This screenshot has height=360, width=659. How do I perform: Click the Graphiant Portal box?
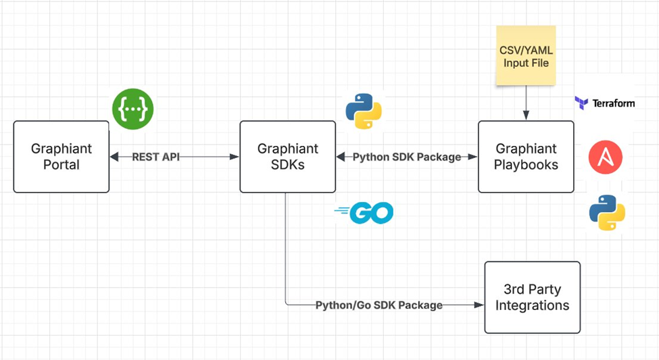(62, 157)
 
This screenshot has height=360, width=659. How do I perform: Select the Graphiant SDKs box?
(288, 157)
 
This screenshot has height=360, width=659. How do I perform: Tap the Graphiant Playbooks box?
(527, 157)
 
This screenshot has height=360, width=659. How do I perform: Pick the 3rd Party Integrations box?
(533, 297)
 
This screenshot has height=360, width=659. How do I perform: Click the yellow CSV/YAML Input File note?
(527, 55)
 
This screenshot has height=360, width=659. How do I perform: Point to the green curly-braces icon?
(132, 109)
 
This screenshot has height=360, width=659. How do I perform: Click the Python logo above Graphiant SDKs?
(364, 111)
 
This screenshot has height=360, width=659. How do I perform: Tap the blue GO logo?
(364, 213)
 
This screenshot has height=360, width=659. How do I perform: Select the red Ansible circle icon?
(606, 157)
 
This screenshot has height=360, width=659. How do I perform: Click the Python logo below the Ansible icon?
(607, 213)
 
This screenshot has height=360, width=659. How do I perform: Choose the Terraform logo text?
(614, 103)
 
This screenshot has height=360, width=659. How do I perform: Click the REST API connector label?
(156, 157)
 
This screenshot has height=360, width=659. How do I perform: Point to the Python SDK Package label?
(407, 157)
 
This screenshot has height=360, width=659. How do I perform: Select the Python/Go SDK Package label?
(379, 305)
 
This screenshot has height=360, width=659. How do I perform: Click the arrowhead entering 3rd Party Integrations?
(479, 305)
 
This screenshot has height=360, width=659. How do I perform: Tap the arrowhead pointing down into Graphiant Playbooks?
(527, 115)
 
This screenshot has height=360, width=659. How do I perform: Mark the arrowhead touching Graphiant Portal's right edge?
(115, 157)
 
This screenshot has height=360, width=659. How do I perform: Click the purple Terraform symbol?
(582, 103)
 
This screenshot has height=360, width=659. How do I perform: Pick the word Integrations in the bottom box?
(533, 305)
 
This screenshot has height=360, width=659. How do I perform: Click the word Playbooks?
(527, 165)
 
